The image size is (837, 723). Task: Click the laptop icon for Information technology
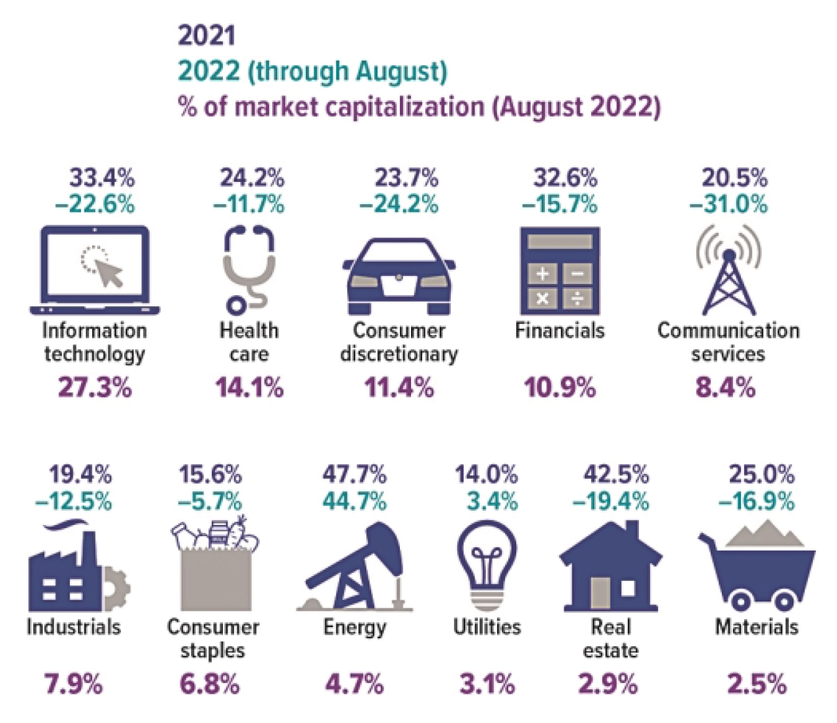95,271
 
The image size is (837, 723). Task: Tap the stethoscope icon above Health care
249,269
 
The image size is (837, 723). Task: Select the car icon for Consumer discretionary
399,277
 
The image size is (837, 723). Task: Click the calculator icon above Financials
560,271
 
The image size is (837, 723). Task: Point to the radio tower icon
728,271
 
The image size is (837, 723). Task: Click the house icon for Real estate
611,568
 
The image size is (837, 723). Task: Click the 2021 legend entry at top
207,35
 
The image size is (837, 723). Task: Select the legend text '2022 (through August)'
313,71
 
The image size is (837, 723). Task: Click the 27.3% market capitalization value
95,388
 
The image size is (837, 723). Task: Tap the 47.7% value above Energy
354,475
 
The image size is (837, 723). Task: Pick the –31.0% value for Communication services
728,204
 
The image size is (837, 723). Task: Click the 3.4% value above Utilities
492,501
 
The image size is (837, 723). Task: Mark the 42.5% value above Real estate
615,475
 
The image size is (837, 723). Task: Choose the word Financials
559,330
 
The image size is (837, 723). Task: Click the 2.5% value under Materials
757,684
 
